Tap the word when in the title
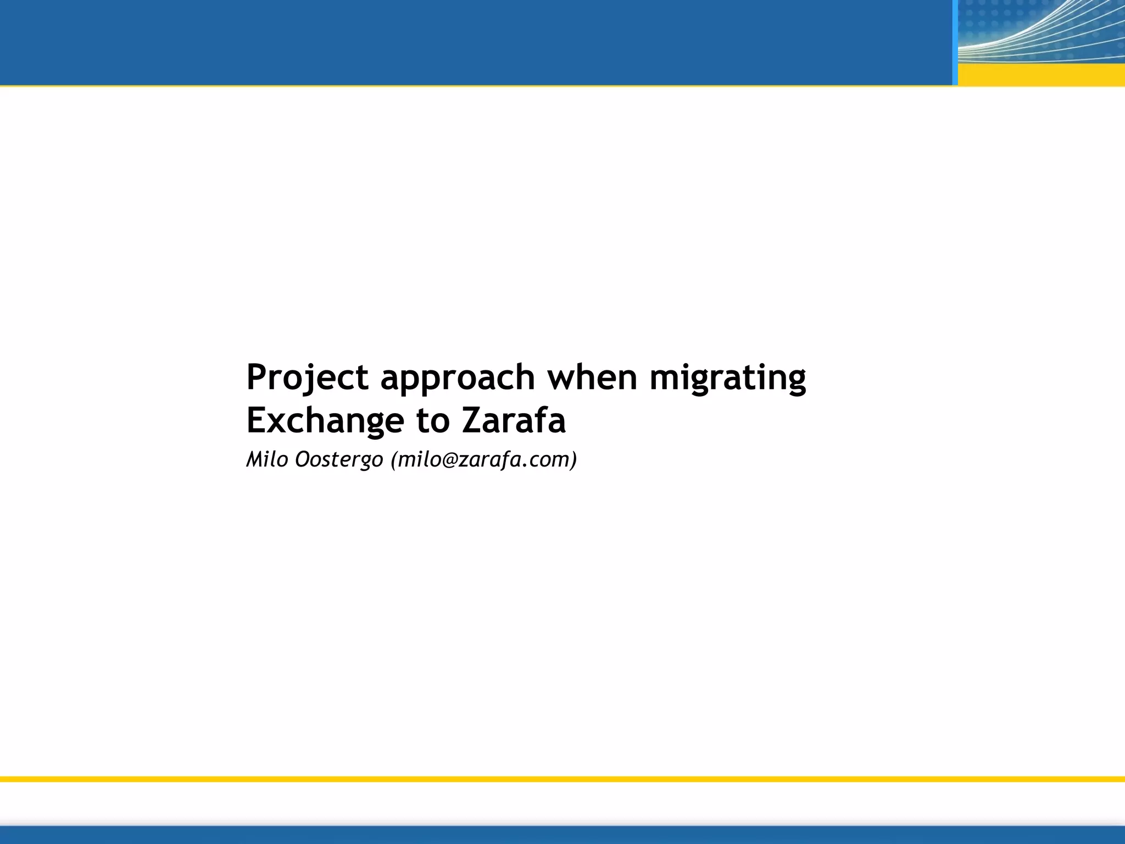click(x=592, y=378)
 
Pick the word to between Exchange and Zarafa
click(x=432, y=421)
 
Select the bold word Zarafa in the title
click(x=514, y=421)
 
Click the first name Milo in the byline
click(x=267, y=459)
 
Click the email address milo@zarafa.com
click(x=484, y=459)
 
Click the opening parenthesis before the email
click(x=393, y=460)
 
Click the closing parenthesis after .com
click(x=573, y=460)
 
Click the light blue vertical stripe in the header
click(x=955, y=42)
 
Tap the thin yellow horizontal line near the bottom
click(x=562, y=779)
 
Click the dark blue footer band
click(x=562, y=835)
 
